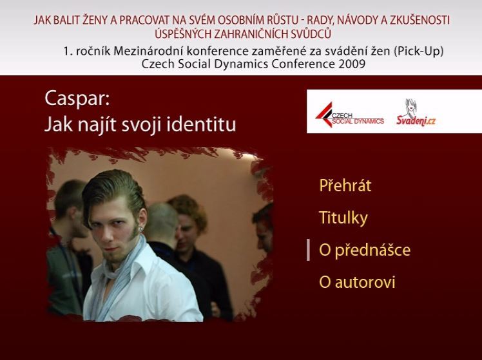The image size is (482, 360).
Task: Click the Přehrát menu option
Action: tap(345, 185)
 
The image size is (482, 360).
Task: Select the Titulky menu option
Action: tap(343, 218)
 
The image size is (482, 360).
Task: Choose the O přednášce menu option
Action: tap(365, 250)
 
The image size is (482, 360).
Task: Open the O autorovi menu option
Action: tap(357, 282)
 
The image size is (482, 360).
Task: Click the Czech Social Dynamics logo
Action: tap(350, 115)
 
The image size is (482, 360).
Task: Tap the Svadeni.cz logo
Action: tap(416, 113)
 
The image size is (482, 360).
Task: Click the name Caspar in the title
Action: tap(77, 99)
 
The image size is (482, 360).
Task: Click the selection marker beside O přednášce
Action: tap(308, 251)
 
